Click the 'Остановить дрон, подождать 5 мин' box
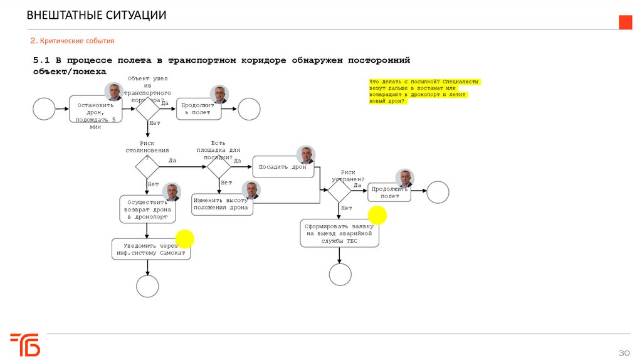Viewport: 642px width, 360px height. coord(95,112)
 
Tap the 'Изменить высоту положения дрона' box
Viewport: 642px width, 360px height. coord(223,204)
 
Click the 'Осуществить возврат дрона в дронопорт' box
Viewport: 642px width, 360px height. coord(147,209)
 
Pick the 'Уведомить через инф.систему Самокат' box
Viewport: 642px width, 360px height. coord(150,249)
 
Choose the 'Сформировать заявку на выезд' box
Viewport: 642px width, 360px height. coord(339,233)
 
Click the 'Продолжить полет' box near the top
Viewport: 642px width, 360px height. coord(197,109)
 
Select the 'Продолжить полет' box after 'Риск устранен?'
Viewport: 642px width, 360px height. coord(389,192)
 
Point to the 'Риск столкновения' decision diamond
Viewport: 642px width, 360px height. coord(148,167)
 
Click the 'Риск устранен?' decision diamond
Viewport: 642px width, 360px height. coord(340,190)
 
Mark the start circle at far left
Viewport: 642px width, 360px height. coord(44,109)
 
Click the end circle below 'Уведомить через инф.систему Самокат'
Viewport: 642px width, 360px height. coord(148,286)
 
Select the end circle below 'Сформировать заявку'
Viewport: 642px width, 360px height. coord(340,274)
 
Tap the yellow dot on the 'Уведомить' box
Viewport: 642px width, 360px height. coord(184,238)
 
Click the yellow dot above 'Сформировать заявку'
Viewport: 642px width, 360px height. coord(377,216)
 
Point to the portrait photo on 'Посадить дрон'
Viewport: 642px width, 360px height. coord(306,155)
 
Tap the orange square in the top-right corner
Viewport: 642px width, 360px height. coord(625,23)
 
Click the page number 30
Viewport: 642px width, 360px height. coord(624,352)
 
